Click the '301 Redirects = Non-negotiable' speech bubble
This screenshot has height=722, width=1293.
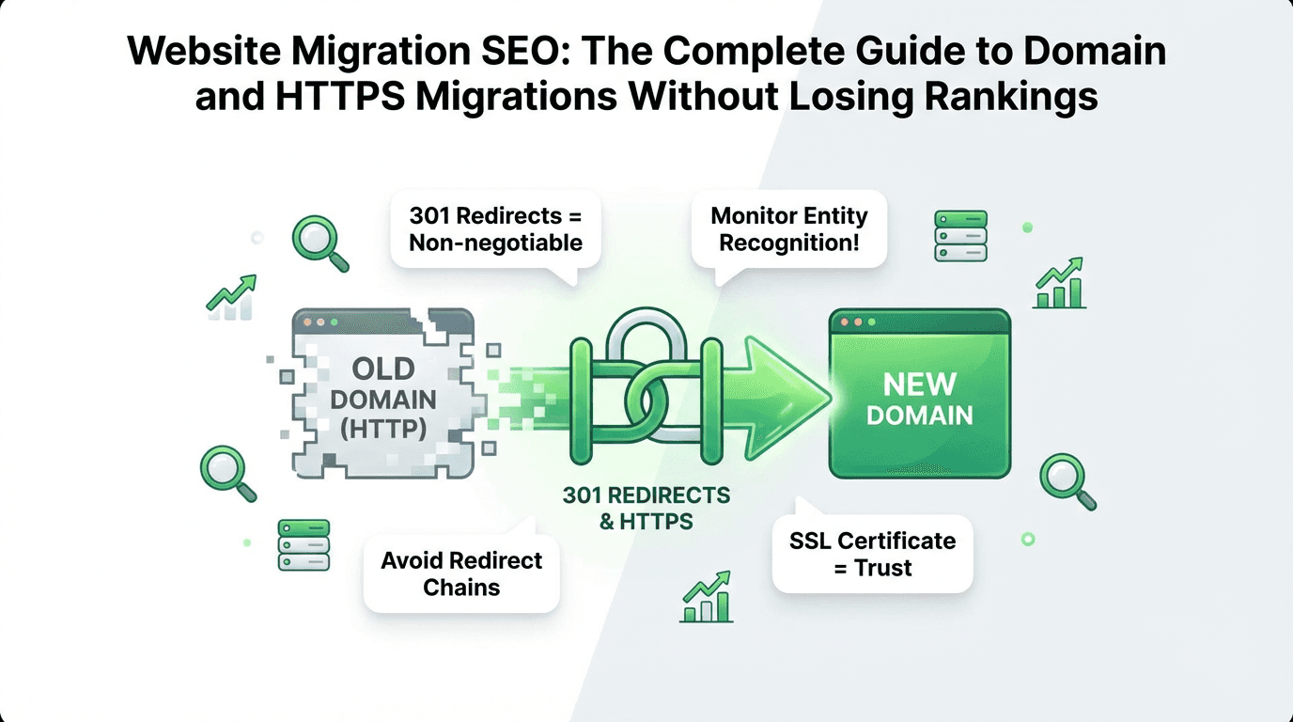pos(495,228)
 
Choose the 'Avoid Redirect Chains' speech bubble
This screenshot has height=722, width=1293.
pos(461,573)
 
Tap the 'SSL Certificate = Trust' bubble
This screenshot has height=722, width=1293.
pos(871,554)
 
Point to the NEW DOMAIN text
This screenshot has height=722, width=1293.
pos(919,400)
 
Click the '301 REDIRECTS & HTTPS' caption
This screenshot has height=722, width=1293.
pos(646,508)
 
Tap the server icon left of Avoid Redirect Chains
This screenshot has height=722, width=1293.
pos(304,544)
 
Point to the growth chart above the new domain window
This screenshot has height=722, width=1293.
pos(1059,285)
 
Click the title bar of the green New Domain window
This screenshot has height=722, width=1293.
pos(919,323)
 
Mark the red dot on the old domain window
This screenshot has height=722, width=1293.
pos(306,322)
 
